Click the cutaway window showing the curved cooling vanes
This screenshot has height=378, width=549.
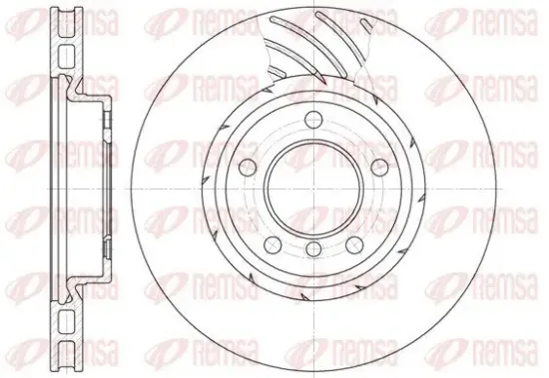point(319,45)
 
